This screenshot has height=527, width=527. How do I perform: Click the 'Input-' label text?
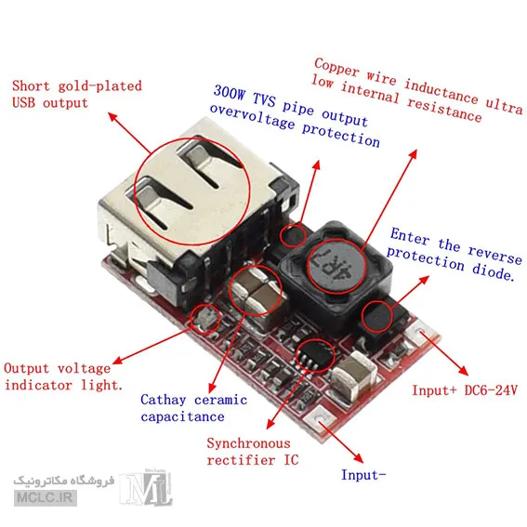click(x=363, y=475)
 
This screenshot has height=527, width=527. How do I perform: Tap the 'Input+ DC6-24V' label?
click(x=465, y=390)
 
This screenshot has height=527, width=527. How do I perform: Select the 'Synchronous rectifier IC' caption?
click(x=253, y=452)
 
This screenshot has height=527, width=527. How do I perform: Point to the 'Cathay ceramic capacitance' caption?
click(x=194, y=408)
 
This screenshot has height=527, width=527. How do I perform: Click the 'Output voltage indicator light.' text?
click(x=63, y=376)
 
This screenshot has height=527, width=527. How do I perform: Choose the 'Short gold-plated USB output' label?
click(x=76, y=94)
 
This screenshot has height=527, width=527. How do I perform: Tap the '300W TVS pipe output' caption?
click(x=290, y=106)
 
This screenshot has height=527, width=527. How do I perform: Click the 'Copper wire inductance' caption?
click(x=396, y=80)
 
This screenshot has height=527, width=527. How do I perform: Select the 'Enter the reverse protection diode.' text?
click(x=454, y=255)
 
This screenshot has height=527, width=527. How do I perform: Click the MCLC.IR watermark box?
click(x=46, y=498)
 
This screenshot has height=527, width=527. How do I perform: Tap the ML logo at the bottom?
click(x=146, y=487)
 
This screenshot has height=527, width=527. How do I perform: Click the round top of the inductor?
click(x=336, y=266)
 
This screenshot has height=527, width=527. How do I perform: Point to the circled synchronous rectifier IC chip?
click(x=315, y=356)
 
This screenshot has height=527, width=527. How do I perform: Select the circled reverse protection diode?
click(x=377, y=317)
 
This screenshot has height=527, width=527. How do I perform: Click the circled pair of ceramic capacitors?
click(x=255, y=290)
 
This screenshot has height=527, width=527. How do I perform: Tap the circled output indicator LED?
click(x=205, y=319)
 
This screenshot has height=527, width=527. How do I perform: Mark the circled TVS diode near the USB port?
click(x=293, y=235)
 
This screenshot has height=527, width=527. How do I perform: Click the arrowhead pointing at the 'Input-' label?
click(x=359, y=458)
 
